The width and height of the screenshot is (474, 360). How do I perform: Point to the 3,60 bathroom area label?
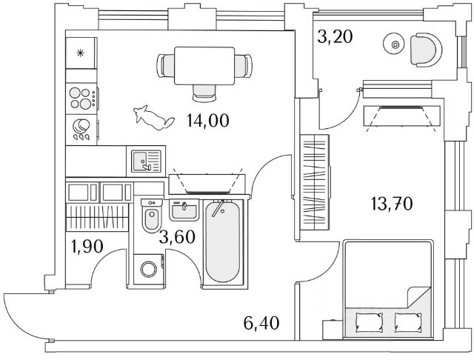point(177,237)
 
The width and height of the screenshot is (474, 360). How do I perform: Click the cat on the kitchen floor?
point(152,117)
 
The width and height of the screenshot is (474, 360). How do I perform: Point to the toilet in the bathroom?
point(151,218)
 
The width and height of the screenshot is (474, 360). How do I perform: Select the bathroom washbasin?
point(184,210)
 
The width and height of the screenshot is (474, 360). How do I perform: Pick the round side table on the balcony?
point(394,46)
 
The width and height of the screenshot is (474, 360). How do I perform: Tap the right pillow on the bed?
point(408,322)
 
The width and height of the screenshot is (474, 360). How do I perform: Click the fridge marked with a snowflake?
point(82,53)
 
